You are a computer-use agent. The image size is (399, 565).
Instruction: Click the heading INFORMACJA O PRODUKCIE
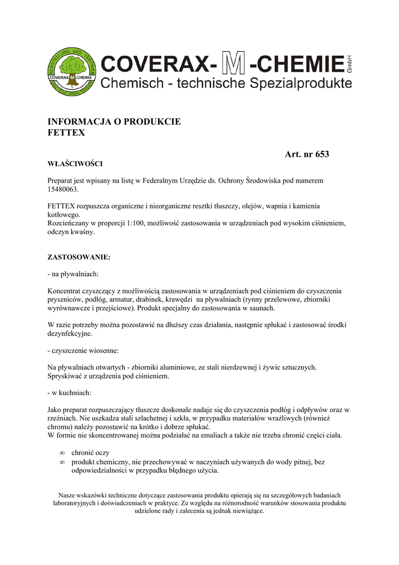pos(114,121)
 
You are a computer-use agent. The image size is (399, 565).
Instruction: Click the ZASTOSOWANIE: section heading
pos(79,257)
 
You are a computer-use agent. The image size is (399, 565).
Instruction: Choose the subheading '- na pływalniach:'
pos(73,274)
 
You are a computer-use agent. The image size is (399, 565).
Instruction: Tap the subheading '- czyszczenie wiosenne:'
pos(83,350)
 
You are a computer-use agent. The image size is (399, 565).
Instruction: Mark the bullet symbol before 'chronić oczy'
pos(62,453)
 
